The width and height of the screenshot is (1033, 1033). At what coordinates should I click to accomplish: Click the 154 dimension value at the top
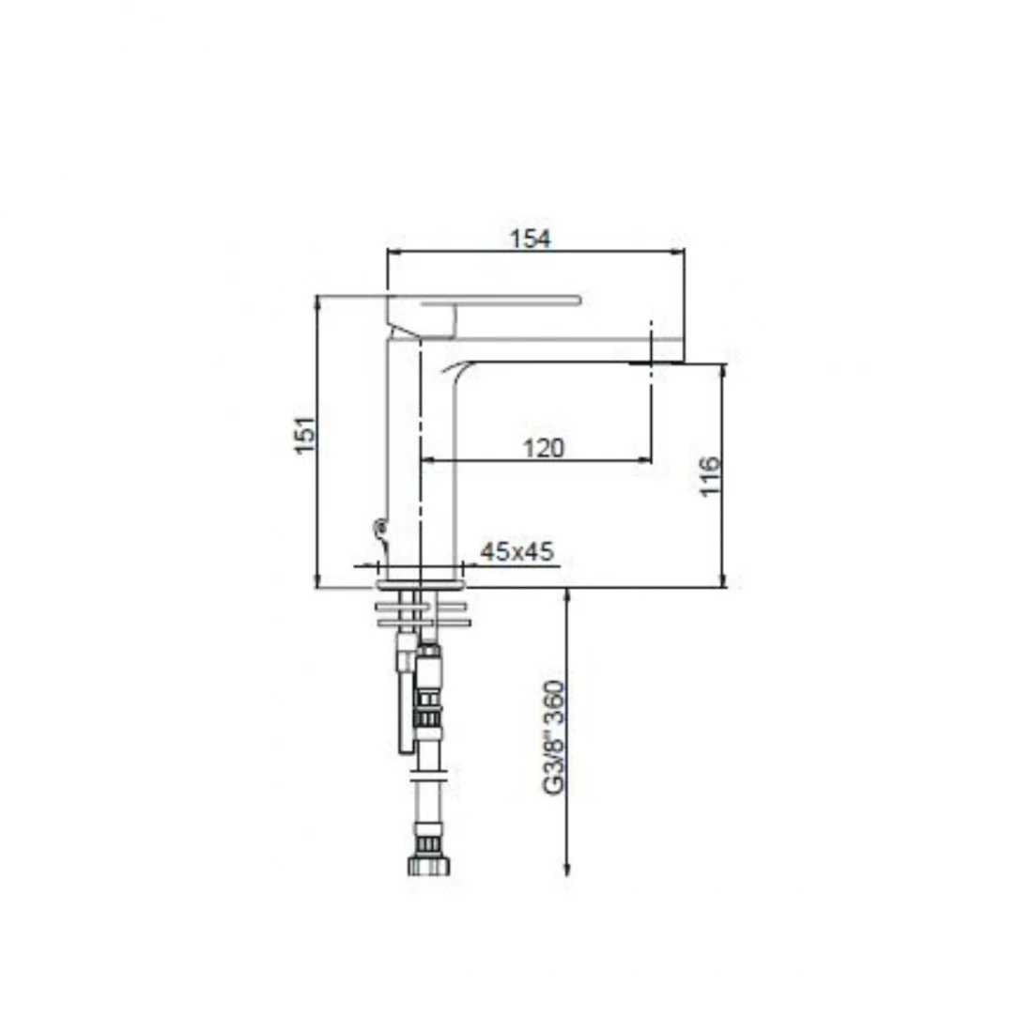(x=531, y=239)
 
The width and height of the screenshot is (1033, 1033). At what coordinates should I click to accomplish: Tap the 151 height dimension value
(x=305, y=434)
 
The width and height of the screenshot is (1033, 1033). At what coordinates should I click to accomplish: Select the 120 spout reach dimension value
(x=544, y=448)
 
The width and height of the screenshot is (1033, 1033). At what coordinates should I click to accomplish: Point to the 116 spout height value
(x=710, y=476)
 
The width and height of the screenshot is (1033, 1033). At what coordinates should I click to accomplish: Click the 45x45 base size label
(x=517, y=551)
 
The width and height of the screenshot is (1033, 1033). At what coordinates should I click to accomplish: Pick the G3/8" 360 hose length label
(x=553, y=737)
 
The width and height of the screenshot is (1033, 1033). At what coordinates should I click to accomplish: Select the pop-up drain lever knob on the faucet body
(x=379, y=527)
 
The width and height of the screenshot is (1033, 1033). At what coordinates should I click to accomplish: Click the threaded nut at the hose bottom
(x=429, y=864)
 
